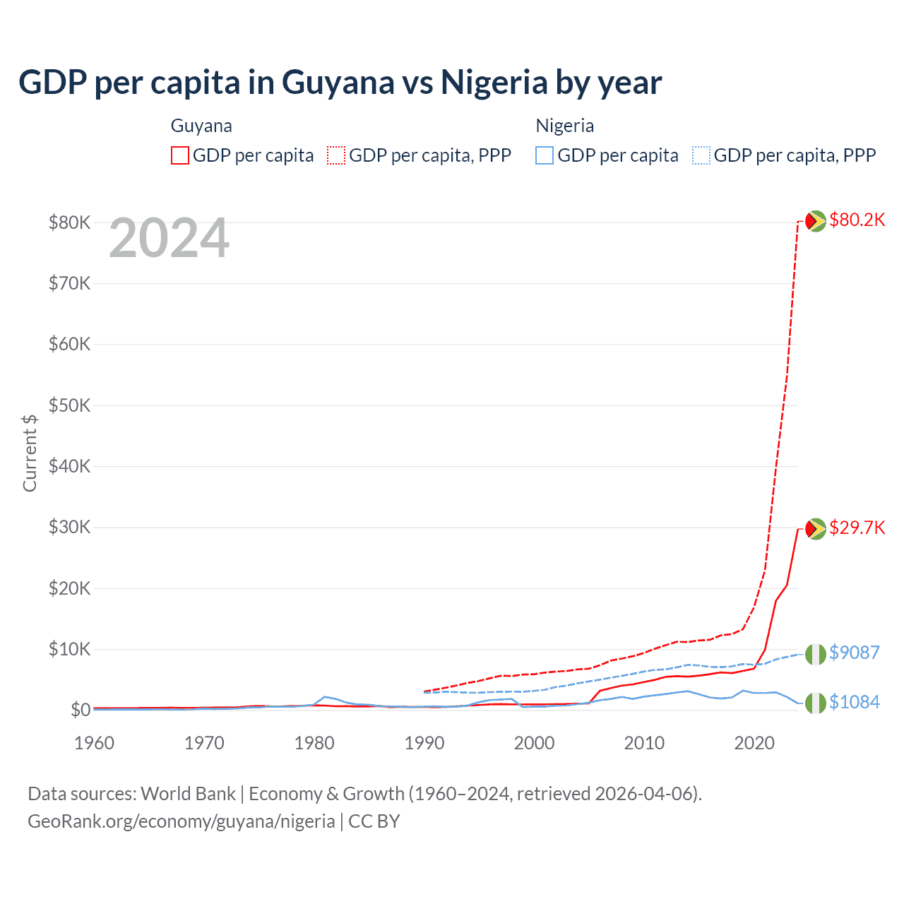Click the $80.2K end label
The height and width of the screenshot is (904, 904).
click(857, 220)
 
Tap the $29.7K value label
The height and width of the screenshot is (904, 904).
click(857, 528)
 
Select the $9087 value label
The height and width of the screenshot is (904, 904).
click(854, 653)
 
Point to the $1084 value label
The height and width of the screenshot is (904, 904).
click(854, 702)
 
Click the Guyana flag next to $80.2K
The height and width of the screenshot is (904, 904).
click(816, 221)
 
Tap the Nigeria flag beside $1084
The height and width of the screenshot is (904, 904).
click(816, 703)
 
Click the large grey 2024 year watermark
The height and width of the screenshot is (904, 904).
click(169, 239)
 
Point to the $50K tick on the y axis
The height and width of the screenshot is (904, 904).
click(69, 406)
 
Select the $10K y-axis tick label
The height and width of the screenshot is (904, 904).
click(69, 650)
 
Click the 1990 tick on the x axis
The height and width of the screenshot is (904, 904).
click(424, 743)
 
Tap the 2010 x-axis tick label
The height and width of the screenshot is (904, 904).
click(644, 743)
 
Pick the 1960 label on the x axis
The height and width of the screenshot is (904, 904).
click(94, 743)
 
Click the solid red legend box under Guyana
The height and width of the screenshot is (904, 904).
click(180, 155)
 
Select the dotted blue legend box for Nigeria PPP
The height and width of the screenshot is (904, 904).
click(701, 155)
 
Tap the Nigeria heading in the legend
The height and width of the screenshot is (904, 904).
click(564, 126)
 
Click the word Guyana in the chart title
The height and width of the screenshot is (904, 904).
click(338, 83)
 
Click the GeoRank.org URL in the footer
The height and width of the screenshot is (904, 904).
click(181, 821)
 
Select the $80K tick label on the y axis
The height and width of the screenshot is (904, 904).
click(69, 223)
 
